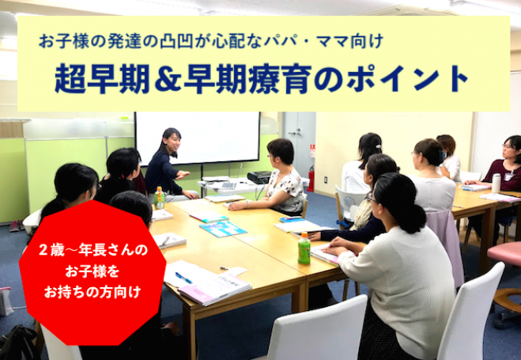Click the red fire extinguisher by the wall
tap(311, 179)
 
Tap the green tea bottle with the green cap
tap(304, 248)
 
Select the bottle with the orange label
tap(159, 198)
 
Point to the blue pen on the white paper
tap(183, 278)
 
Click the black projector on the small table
tap(259, 177)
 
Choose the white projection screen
tap(198, 138)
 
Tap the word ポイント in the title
tap(407, 79)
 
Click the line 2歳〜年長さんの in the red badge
tap(92, 250)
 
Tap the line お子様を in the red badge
tap(92, 271)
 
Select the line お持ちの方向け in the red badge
tap(92, 292)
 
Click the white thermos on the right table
tap(496, 183)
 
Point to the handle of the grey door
tap(293, 133)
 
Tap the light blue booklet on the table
tap(223, 229)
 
